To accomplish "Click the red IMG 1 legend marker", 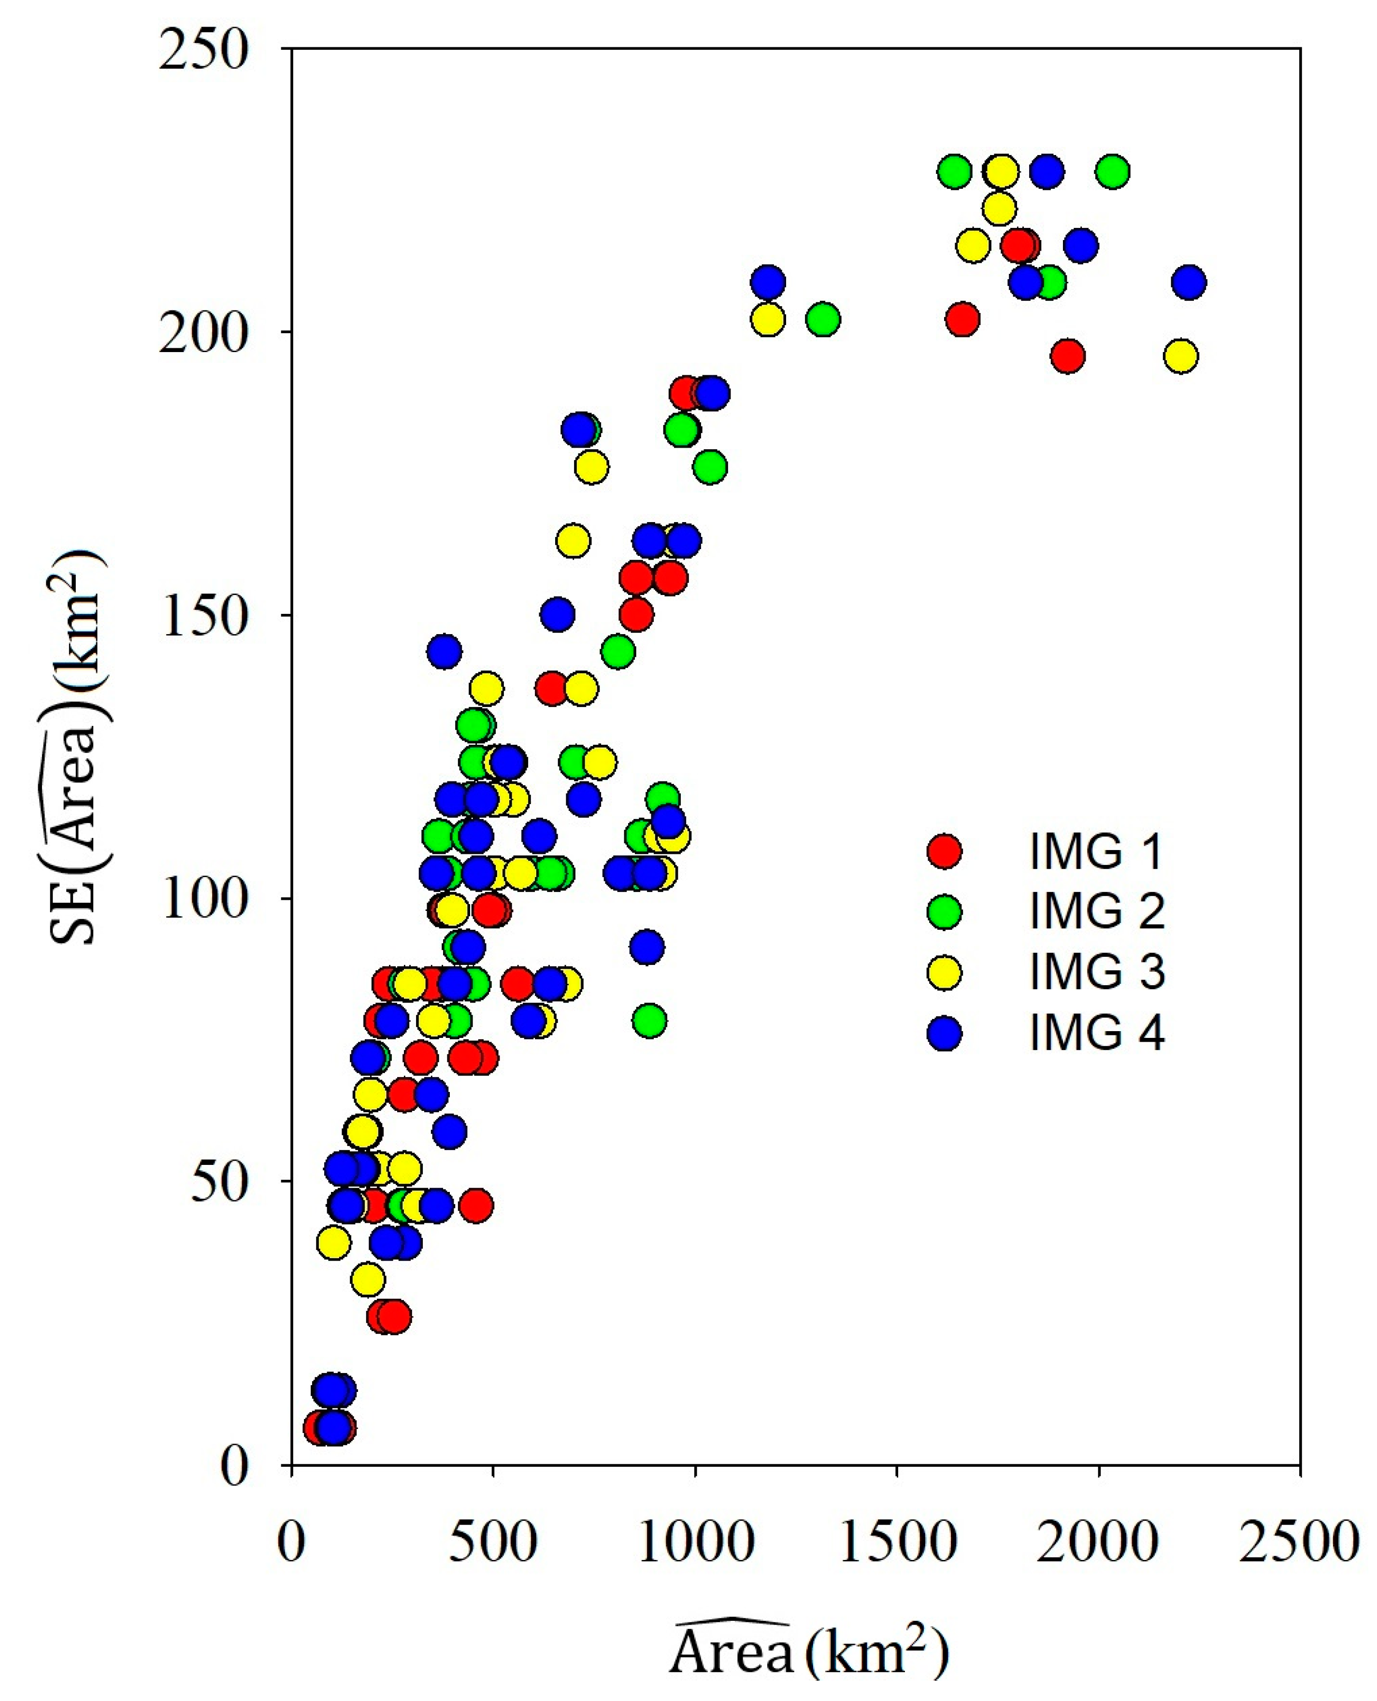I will click(944, 851).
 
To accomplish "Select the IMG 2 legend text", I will click(1097, 911).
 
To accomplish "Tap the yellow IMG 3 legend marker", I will click(944, 972).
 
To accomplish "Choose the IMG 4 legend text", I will click(1097, 1033).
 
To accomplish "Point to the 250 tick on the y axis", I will click(203, 49).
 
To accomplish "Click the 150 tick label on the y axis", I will click(203, 615).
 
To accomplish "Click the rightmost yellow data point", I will click(1181, 356).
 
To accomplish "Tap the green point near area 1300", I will click(823, 319).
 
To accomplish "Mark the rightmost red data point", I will click(1068, 356).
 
